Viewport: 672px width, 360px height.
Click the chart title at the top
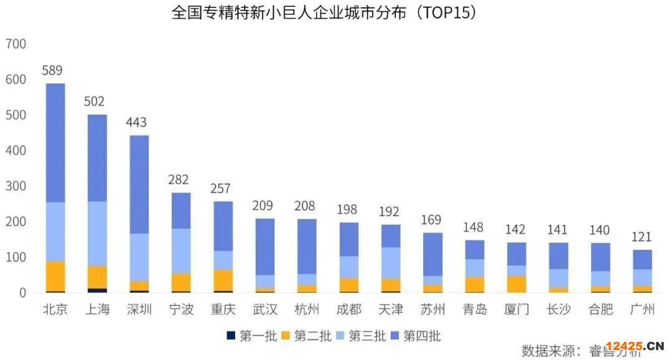(324, 12)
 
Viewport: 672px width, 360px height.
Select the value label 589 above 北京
(52, 71)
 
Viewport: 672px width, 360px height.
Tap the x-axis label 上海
(97, 309)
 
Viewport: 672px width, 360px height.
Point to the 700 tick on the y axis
(16, 44)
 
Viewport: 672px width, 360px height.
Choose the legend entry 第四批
(416, 336)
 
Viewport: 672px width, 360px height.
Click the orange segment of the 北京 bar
(55, 276)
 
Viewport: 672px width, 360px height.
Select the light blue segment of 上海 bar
(97, 233)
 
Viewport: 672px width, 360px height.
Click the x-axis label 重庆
(223, 309)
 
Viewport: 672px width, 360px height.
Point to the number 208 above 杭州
(305, 206)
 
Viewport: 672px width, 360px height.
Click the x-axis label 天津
(390, 309)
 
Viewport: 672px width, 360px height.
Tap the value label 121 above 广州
(642, 237)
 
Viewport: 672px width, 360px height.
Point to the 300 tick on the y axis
(16, 186)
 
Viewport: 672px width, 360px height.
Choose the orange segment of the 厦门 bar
(516, 284)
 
